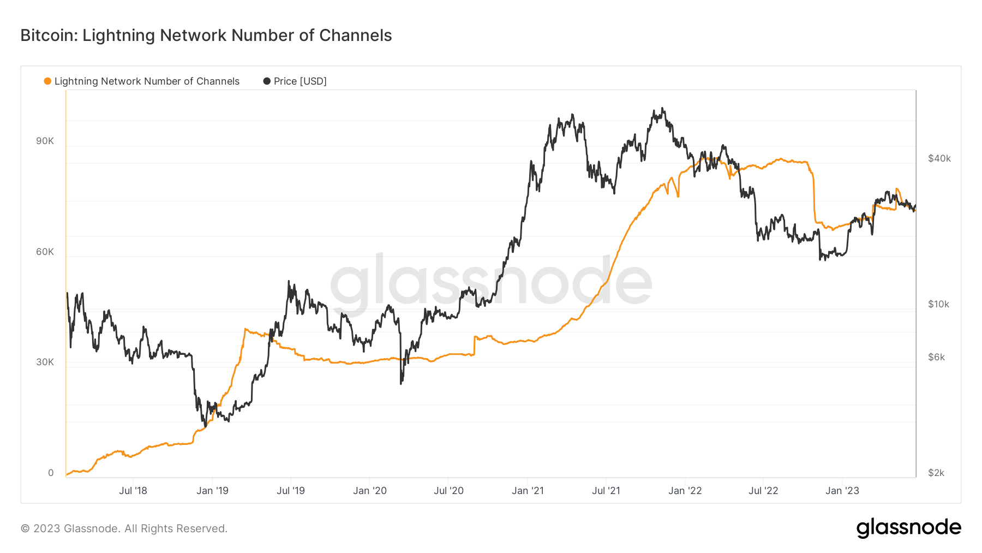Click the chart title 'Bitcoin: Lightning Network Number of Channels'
pyautogui.click(x=206, y=35)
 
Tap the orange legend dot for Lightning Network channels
pyautogui.click(x=47, y=81)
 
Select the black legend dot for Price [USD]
pyautogui.click(x=267, y=81)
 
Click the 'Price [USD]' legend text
pyautogui.click(x=300, y=81)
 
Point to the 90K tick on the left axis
pyautogui.click(x=45, y=141)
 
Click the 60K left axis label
pyautogui.click(x=45, y=252)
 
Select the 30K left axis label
pyautogui.click(x=45, y=362)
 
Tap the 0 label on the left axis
pyautogui.click(x=51, y=473)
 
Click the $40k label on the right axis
pyautogui.click(x=939, y=158)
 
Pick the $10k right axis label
pyautogui.click(x=938, y=304)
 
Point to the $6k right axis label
pyautogui.click(x=936, y=357)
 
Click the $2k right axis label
pyautogui.click(x=936, y=473)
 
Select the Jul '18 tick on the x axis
pyautogui.click(x=133, y=491)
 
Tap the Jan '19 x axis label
pyautogui.click(x=212, y=491)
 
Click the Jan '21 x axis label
pyautogui.click(x=528, y=491)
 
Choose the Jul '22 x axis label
pyautogui.click(x=763, y=491)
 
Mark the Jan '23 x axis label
pyautogui.click(x=842, y=491)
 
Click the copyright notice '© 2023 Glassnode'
pyautogui.click(x=124, y=528)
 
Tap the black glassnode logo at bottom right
pyautogui.click(x=908, y=528)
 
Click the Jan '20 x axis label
pyautogui.click(x=370, y=491)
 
